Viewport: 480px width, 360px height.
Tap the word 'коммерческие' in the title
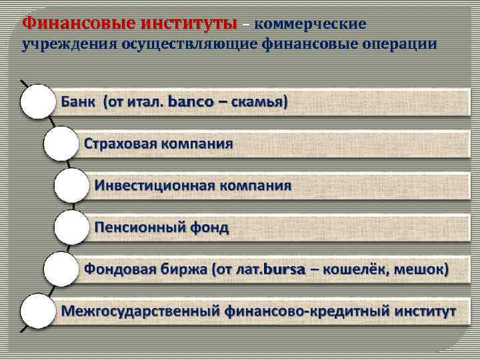click(x=311, y=25)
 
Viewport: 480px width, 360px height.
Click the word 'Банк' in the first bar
click(x=79, y=103)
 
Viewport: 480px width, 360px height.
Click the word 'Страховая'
click(x=121, y=144)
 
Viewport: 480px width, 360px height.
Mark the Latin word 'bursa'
click(x=283, y=270)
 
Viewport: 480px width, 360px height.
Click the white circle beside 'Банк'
click(x=37, y=102)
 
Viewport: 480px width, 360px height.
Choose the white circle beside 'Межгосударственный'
click(x=37, y=311)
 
